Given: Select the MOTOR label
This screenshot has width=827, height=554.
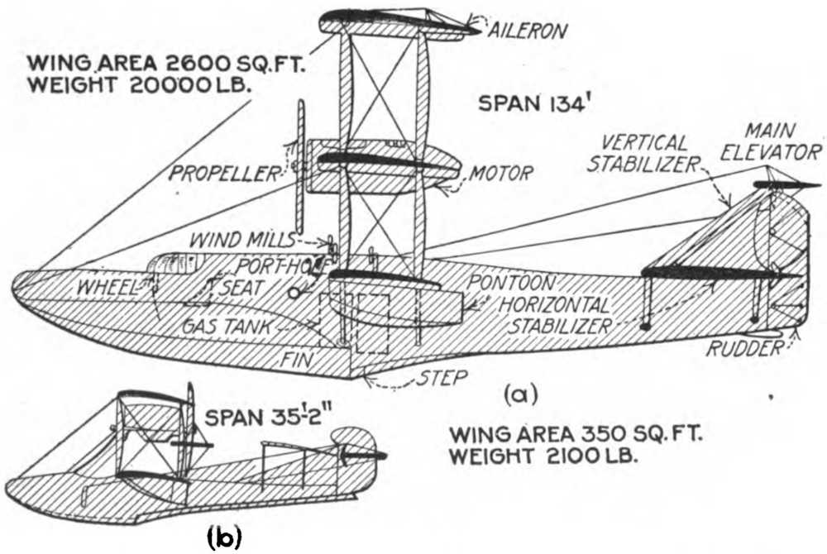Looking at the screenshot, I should [x=500, y=174].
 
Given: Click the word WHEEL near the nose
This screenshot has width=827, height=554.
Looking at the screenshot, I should [x=107, y=289].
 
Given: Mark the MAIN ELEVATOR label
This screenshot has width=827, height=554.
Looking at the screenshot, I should [x=781, y=141].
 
